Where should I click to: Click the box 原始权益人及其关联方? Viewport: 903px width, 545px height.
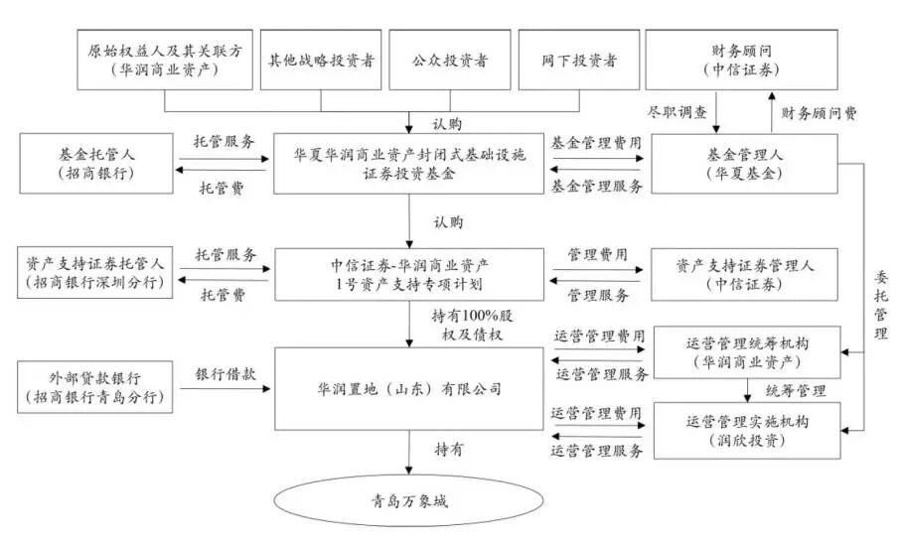click(x=164, y=60)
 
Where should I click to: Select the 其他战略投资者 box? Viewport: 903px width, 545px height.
click(x=321, y=60)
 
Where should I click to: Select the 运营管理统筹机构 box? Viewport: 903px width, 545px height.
click(x=744, y=352)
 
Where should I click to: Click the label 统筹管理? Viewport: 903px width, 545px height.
click(x=795, y=390)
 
